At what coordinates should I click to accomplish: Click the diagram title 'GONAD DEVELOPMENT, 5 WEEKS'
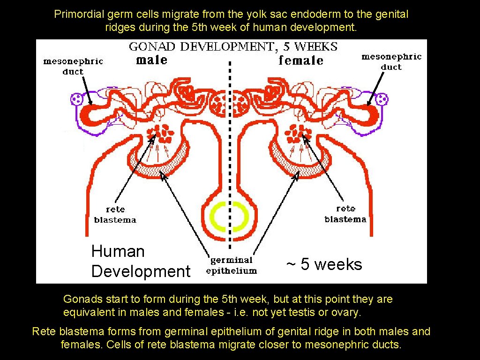pyautogui.click(x=233, y=46)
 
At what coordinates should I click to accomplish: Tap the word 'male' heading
pyautogui.click(x=151, y=60)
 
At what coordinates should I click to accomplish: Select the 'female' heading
pyautogui.click(x=300, y=60)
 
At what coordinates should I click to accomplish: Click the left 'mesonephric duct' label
pyautogui.click(x=73, y=66)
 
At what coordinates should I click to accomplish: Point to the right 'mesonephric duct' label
pyautogui.click(x=391, y=62)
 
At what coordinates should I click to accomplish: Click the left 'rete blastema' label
pyautogui.click(x=115, y=215)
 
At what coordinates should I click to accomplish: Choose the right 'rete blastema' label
pyautogui.click(x=345, y=214)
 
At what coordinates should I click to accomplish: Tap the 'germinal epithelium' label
pyautogui.click(x=231, y=265)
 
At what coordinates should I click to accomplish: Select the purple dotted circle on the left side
pyautogui.click(x=76, y=99)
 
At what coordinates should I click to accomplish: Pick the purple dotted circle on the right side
pyautogui.click(x=382, y=99)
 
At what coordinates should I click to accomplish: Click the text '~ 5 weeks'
pyautogui.click(x=324, y=264)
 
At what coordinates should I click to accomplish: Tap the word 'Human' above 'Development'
pyautogui.click(x=118, y=251)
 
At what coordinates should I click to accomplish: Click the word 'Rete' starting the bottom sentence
pyautogui.click(x=44, y=332)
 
